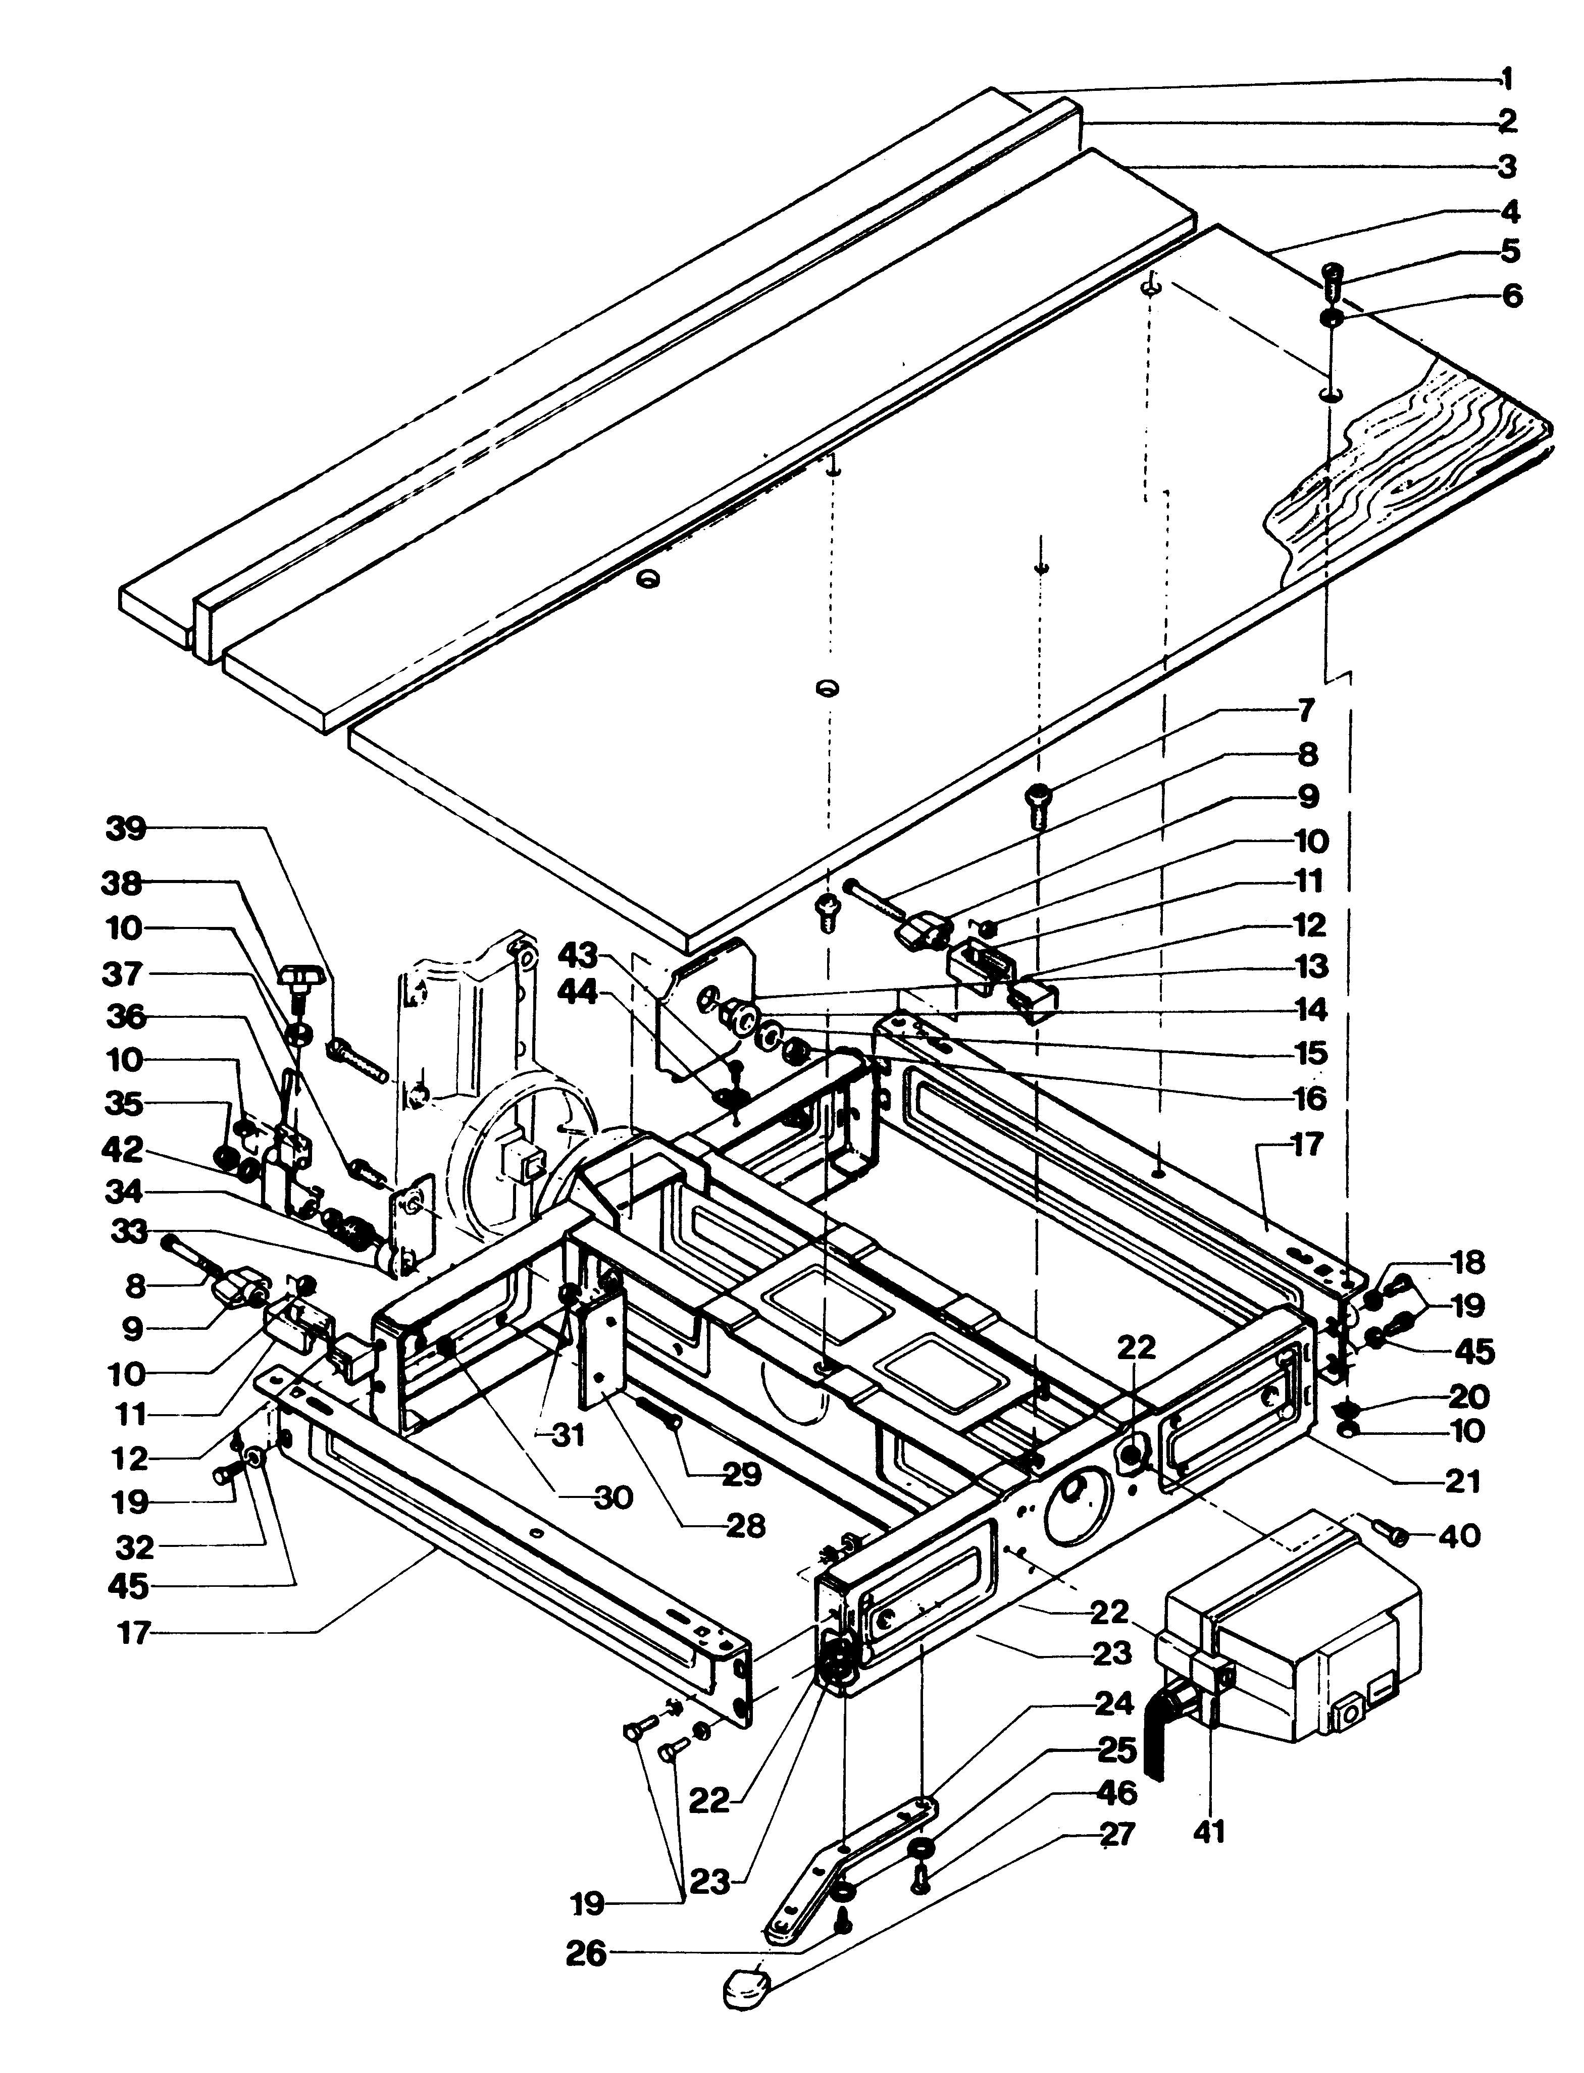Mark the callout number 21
coord(1462,1481)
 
